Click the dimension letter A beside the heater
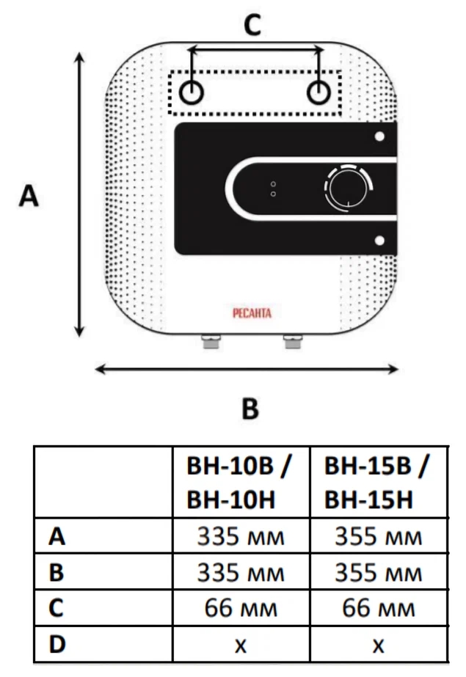[x=29, y=196]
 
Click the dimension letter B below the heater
[x=250, y=408]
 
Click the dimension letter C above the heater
[x=252, y=24]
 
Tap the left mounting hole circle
[x=192, y=92]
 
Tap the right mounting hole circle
[x=318, y=92]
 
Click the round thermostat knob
[x=348, y=189]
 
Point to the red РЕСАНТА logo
[x=252, y=312]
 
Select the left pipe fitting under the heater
[x=211, y=342]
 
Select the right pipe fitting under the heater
[x=292, y=342]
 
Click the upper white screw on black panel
[x=379, y=136]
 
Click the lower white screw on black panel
[x=379, y=241]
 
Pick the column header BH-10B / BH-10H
[x=239, y=483]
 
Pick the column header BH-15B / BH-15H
[x=376, y=483]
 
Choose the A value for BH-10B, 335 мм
[x=241, y=537]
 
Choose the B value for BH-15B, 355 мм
[x=379, y=573]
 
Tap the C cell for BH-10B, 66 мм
[x=241, y=608]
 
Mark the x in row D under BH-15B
[x=379, y=645]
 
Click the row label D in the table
[x=57, y=644]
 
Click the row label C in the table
[x=57, y=608]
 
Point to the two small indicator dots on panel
[x=273, y=189]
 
